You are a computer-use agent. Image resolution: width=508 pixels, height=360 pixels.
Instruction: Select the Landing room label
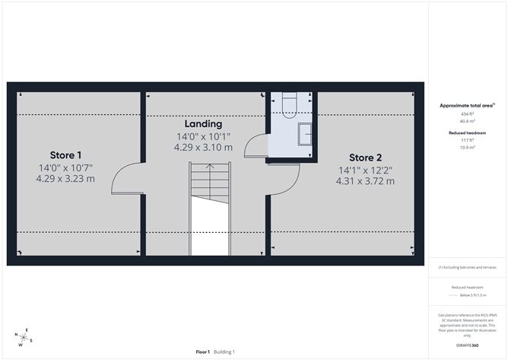(203, 123)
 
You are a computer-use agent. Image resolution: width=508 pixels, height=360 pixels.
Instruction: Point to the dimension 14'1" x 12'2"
(365, 170)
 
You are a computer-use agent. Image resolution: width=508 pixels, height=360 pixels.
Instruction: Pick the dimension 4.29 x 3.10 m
(204, 148)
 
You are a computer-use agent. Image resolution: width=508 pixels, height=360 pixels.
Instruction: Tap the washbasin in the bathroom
(304, 132)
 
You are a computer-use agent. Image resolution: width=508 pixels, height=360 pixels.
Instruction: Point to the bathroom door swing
(255, 145)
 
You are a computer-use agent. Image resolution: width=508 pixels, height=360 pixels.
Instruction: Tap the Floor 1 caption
(203, 352)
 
